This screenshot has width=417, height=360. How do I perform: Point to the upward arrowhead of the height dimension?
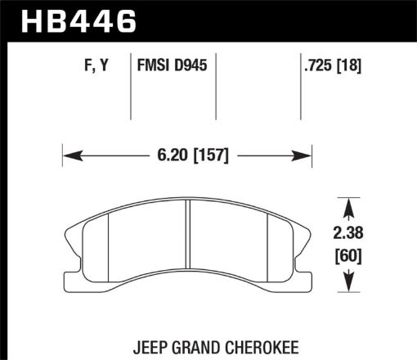click(349, 203)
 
